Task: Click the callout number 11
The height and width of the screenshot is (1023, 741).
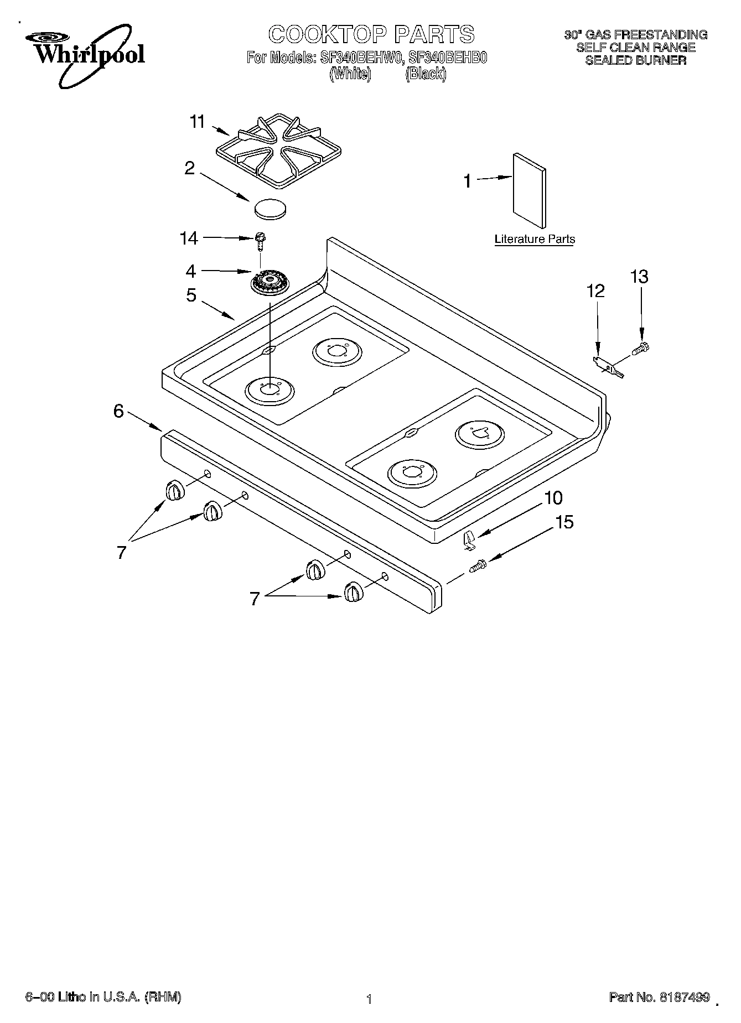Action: point(197,121)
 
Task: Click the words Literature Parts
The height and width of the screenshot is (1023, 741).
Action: point(534,239)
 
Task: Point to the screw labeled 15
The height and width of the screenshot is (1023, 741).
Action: point(478,566)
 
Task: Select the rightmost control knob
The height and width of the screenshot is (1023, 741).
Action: point(353,592)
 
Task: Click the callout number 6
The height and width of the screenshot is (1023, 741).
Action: point(118,411)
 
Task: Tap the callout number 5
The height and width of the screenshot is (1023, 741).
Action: point(191,295)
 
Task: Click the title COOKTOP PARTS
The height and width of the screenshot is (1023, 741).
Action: point(371,34)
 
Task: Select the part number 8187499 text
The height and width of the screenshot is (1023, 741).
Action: point(684,997)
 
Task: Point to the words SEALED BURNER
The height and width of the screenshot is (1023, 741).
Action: point(635,60)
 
